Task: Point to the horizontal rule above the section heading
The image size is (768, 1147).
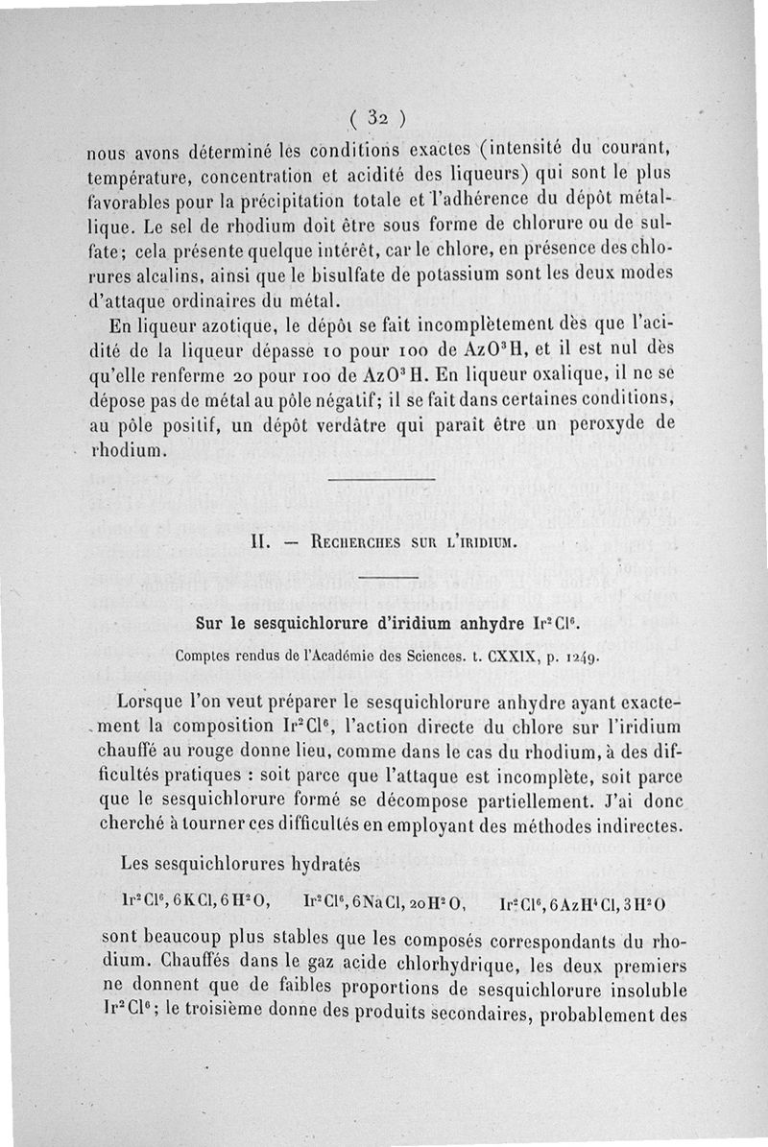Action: pyautogui.click(x=382, y=478)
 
